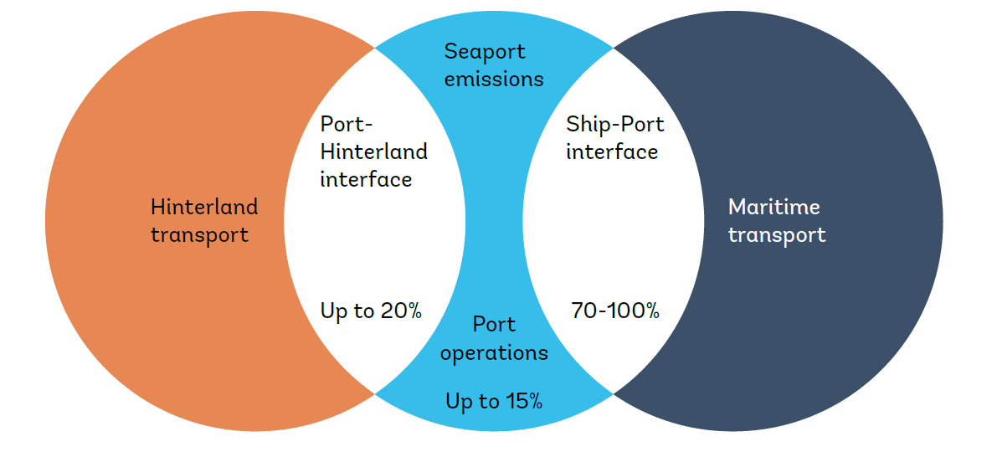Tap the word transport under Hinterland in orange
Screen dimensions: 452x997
[x=199, y=234]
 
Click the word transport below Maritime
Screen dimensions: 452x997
[x=776, y=234]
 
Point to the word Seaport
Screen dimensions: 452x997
[x=485, y=52]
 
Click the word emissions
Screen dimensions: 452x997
[x=494, y=80]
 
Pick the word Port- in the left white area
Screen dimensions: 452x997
[x=347, y=125]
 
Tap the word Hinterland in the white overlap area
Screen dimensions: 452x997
[x=373, y=152]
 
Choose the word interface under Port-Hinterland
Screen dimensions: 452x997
[x=366, y=179]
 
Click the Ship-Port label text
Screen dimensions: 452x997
[x=614, y=125]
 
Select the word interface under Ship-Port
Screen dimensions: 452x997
[x=611, y=152]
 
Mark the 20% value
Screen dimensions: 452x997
[x=400, y=311]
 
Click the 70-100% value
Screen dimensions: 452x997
[x=615, y=311]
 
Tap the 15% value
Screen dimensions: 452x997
[x=523, y=402]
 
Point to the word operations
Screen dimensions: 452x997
[x=494, y=353]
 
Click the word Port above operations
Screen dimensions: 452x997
[x=494, y=325]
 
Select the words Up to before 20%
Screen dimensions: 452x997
[x=347, y=311]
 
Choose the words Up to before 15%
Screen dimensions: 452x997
[x=472, y=402]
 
